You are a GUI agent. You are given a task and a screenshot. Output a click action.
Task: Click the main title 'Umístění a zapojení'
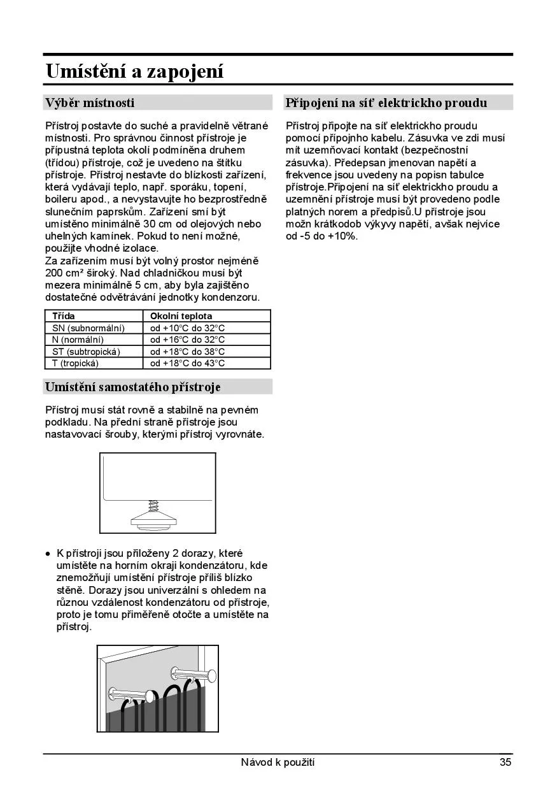(x=135, y=71)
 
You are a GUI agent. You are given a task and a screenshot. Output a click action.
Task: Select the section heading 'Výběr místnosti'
(x=90, y=103)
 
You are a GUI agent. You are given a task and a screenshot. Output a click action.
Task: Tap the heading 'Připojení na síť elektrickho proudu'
(x=386, y=103)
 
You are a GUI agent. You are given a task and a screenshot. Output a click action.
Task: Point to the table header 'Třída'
(x=64, y=316)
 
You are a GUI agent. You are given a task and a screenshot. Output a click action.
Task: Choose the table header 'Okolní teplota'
(x=181, y=316)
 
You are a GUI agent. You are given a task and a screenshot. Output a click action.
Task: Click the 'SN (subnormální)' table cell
(x=88, y=328)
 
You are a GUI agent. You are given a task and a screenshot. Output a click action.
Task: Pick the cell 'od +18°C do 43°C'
(x=188, y=363)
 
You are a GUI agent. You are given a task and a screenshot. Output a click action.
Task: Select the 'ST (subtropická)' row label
(x=87, y=352)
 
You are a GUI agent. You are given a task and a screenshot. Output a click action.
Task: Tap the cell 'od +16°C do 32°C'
(x=188, y=340)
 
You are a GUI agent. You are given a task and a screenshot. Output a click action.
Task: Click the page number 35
(x=505, y=762)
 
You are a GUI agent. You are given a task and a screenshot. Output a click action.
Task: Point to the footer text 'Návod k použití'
(x=278, y=762)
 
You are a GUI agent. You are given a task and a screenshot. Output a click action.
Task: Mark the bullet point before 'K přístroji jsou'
(x=48, y=554)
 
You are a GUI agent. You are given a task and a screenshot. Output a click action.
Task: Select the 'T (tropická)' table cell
(x=76, y=363)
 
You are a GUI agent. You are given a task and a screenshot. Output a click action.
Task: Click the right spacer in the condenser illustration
(x=192, y=672)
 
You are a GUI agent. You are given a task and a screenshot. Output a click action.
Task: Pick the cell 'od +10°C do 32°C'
(x=188, y=328)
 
